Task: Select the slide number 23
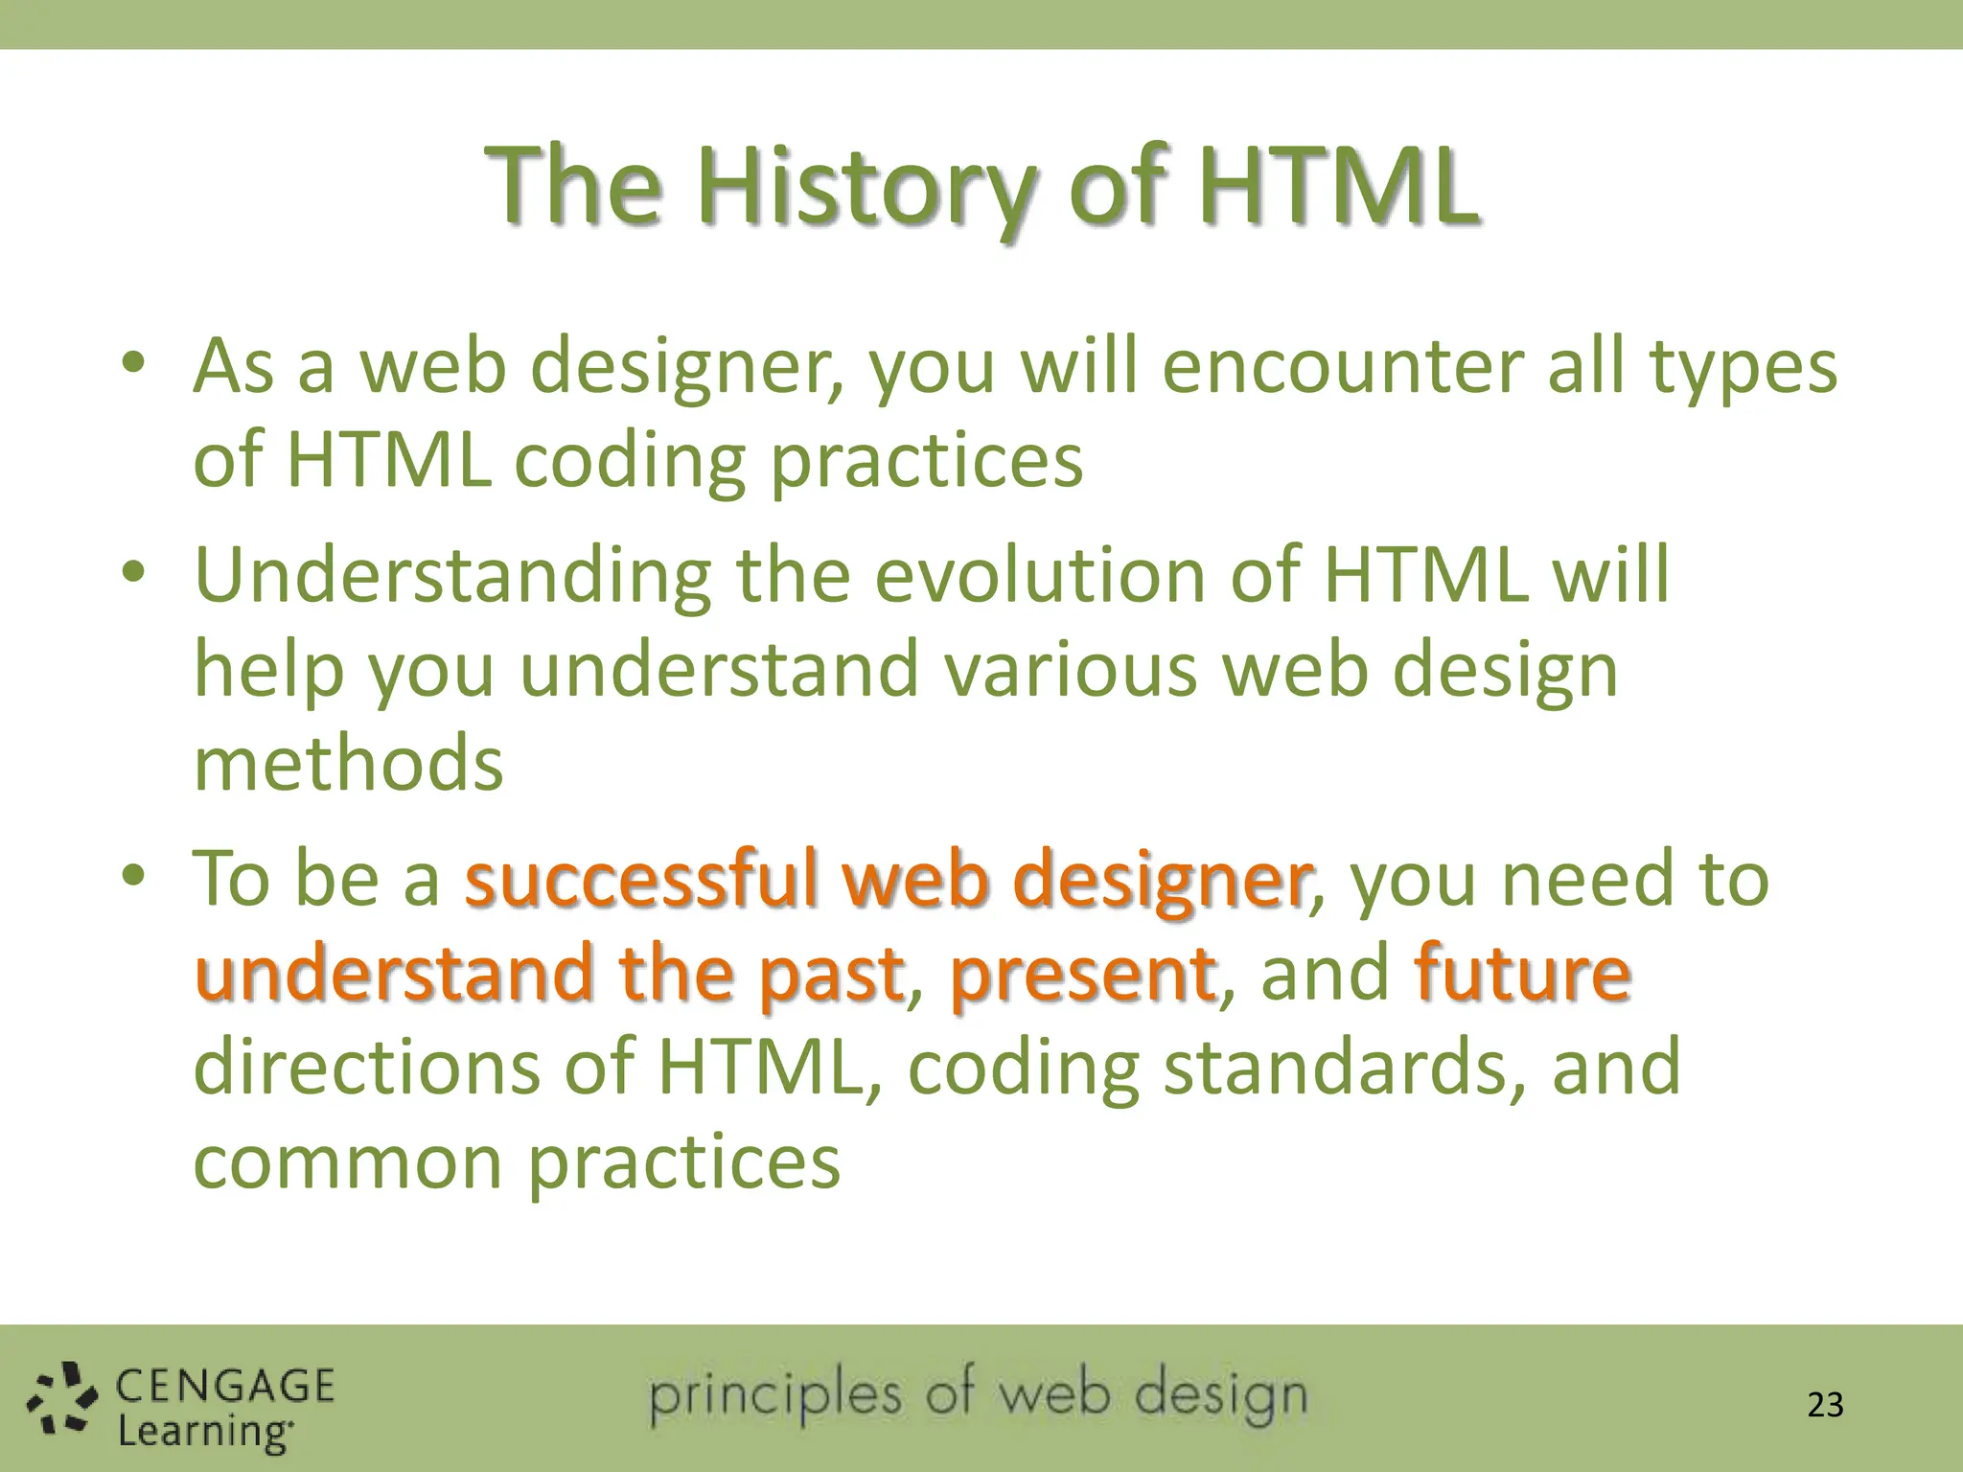click(1825, 1405)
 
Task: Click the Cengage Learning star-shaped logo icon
click(61, 1399)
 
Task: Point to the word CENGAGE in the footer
click(225, 1386)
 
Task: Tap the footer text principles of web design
click(978, 1395)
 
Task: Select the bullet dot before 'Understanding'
click(133, 572)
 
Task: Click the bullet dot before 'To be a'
click(133, 875)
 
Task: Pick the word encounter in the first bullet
click(1342, 367)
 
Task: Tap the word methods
click(348, 764)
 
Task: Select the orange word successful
click(641, 879)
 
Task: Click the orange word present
click(1082, 974)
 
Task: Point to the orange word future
click(1522, 974)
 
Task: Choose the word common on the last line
click(348, 1162)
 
